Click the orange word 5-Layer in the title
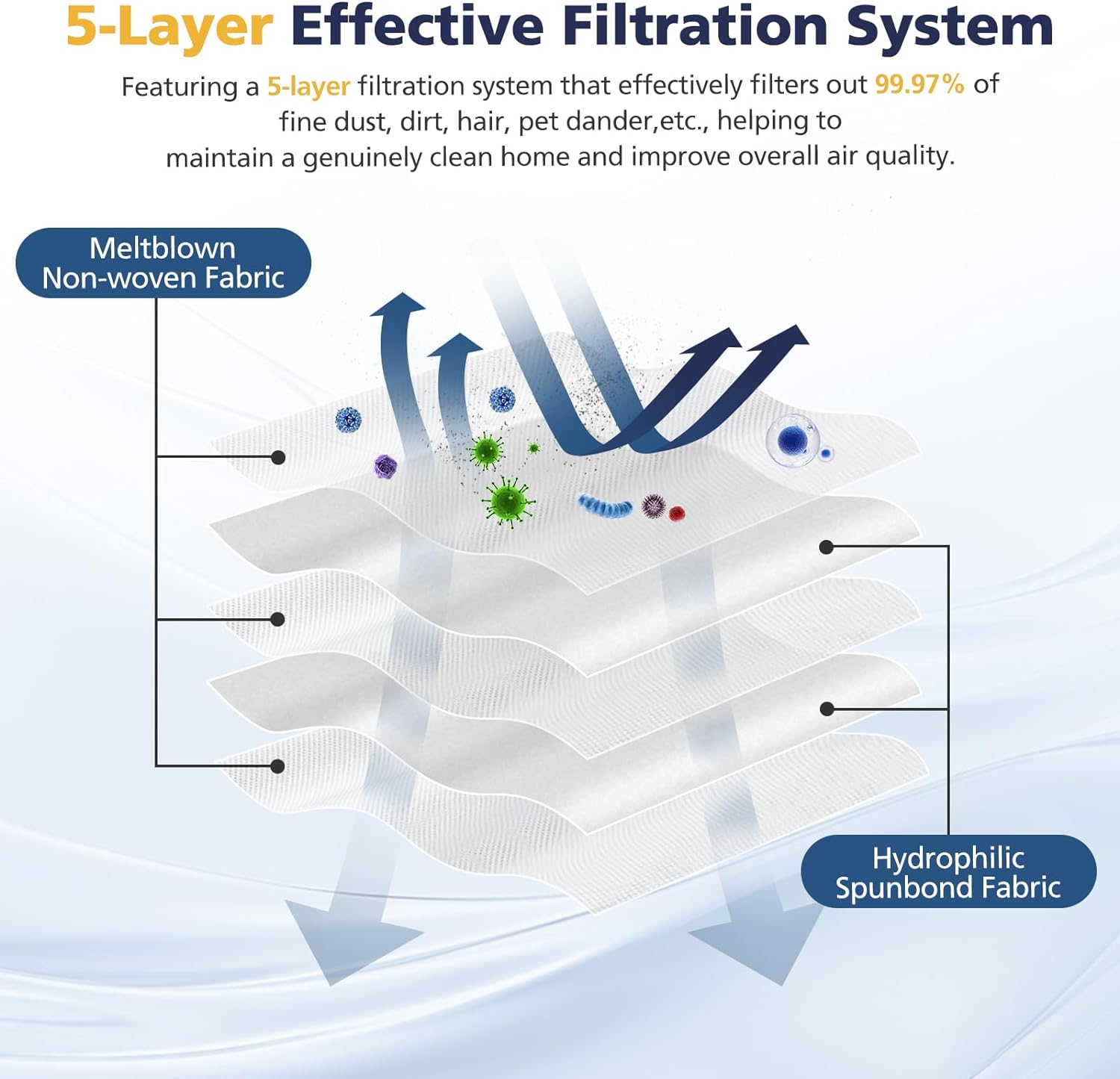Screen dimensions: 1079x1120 tap(169, 27)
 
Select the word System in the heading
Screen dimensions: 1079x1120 tap(949, 27)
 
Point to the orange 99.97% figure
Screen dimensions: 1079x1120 tap(919, 84)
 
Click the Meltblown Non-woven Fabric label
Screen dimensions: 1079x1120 tap(163, 263)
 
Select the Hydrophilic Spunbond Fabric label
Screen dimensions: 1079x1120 tap(948, 871)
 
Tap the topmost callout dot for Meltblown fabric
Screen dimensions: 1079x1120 tap(278, 457)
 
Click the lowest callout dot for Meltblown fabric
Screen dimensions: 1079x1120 tap(278, 766)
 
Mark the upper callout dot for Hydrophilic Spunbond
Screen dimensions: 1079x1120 tap(826, 547)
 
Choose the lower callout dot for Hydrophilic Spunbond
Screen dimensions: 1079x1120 tap(826, 709)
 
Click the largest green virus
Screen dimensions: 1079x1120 tap(508, 501)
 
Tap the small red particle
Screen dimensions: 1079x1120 tap(676, 513)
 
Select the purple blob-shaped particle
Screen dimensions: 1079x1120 tap(385, 467)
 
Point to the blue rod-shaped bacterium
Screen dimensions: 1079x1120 tap(605, 506)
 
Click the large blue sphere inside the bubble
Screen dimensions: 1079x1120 tap(792, 440)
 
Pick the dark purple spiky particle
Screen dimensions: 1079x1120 tap(654, 506)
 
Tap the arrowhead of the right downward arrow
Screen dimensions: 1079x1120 tap(754, 948)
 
